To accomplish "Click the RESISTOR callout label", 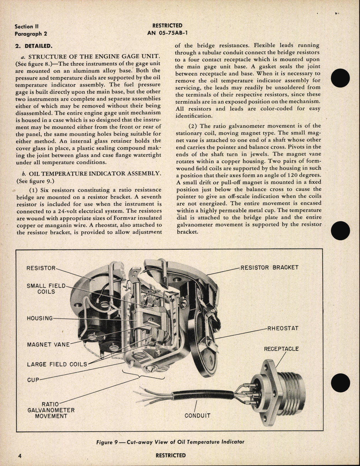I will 40,268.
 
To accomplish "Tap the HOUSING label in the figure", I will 40,318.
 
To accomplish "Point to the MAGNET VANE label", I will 48,344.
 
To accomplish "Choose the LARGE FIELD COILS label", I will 57,364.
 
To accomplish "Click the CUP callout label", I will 33,379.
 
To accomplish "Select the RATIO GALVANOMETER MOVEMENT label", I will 51,410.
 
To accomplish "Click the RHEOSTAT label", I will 282,329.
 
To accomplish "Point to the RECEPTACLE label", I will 281,349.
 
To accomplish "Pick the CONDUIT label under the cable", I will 197,416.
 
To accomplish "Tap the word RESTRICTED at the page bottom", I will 171,455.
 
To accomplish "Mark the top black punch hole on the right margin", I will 340,78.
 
